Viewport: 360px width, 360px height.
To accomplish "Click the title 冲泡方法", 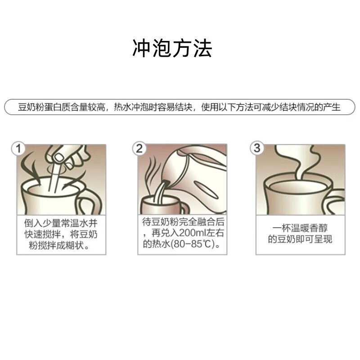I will pos(172,49).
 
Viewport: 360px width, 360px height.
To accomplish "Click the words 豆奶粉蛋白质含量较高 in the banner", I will pos(62,108).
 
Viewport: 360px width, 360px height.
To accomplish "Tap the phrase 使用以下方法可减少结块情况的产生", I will pos(270,108).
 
